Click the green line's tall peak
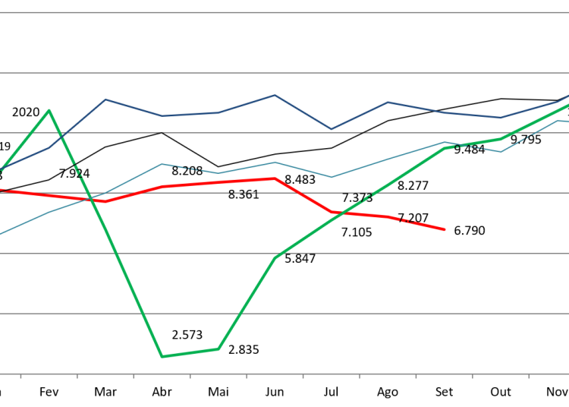49,111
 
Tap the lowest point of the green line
162,356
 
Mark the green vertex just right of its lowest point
218,349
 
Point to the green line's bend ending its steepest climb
275,258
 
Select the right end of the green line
567,105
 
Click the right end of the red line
445,229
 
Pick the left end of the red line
1,190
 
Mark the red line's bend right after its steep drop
332,212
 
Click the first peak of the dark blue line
105,99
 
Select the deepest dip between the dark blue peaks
332,129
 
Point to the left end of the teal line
1,234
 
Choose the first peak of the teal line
162,163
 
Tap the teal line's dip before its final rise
501,151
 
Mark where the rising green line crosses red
338,213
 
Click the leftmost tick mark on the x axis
20,375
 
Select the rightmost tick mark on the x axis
529,375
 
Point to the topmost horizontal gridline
284,13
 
